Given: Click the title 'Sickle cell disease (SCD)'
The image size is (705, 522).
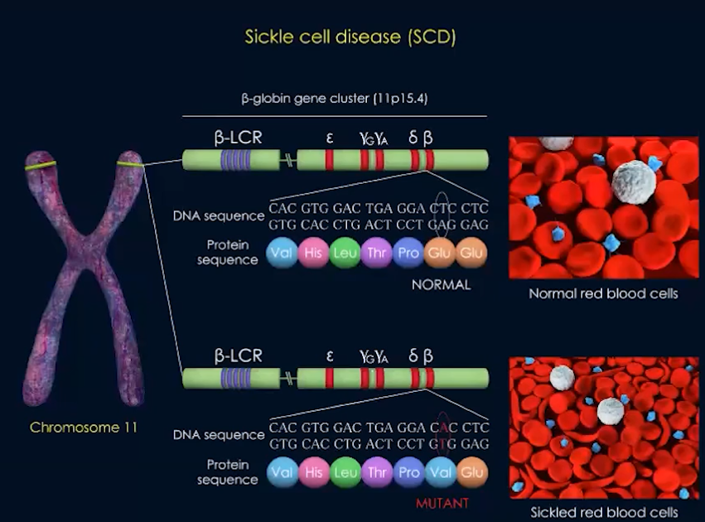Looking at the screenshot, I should pyautogui.click(x=350, y=36).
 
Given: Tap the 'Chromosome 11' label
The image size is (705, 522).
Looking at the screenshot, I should pyautogui.click(x=84, y=428).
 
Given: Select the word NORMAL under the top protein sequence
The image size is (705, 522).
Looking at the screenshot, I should pyautogui.click(x=441, y=285).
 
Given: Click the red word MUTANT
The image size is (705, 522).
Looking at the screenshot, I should pyautogui.click(x=442, y=503).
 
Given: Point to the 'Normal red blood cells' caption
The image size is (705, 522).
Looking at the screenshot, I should pyautogui.click(x=603, y=294).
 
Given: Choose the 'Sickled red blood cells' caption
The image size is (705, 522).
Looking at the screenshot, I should pyautogui.click(x=603, y=513).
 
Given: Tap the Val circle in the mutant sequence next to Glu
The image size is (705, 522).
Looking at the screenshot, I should pyautogui.click(x=439, y=472).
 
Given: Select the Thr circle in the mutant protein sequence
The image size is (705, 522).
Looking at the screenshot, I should pyautogui.click(x=376, y=472).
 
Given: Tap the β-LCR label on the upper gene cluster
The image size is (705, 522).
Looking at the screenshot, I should pyautogui.click(x=238, y=138).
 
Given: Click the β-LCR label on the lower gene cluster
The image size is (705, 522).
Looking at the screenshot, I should pyautogui.click(x=238, y=357).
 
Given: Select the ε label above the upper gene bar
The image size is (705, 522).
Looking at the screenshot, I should pyautogui.click(x=329, y=138).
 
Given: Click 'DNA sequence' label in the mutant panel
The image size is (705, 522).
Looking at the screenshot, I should pyautogui.click(x=218, y=434).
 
